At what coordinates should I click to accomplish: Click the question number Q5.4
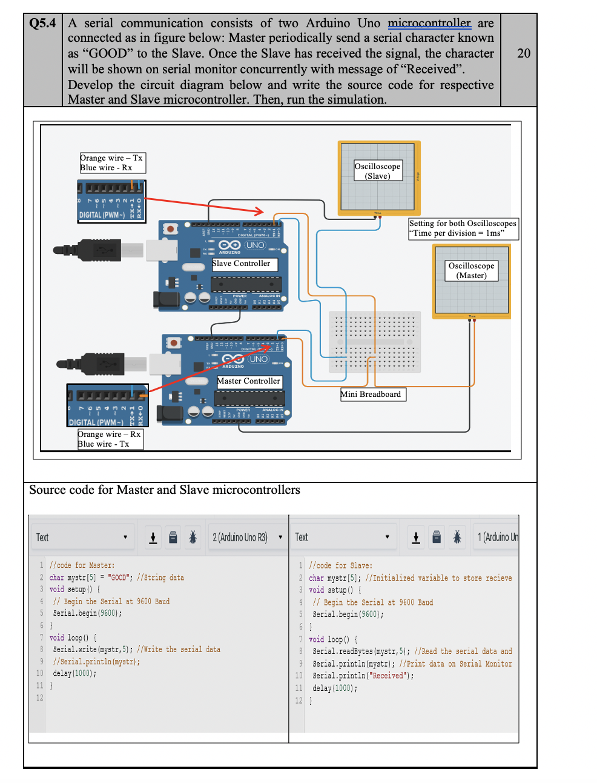[42, 24]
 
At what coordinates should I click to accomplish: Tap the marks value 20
[524, 53]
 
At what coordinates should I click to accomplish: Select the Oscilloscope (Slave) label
[377, 171]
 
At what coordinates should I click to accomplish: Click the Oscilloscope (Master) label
[471, 270]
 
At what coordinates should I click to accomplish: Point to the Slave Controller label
[244, 264]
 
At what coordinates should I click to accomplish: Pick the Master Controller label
[249, 381]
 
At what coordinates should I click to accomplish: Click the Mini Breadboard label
[372, 395]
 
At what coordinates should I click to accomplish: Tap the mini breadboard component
[374, 341]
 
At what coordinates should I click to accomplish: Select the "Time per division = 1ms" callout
[463, 228]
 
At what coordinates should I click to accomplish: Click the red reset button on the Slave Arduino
[171, 229]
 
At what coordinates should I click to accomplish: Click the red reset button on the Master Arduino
[174, 343]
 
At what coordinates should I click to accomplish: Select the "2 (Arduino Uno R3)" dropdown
[246, 538]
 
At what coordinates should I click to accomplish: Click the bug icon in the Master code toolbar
[193, 538]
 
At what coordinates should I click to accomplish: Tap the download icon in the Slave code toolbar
[416, 538]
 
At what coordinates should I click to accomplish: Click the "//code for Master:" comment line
[82, 565]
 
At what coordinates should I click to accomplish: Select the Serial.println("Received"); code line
[363, 676]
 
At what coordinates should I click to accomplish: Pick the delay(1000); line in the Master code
[74, 673]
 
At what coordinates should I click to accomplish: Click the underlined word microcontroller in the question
[429, 24]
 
